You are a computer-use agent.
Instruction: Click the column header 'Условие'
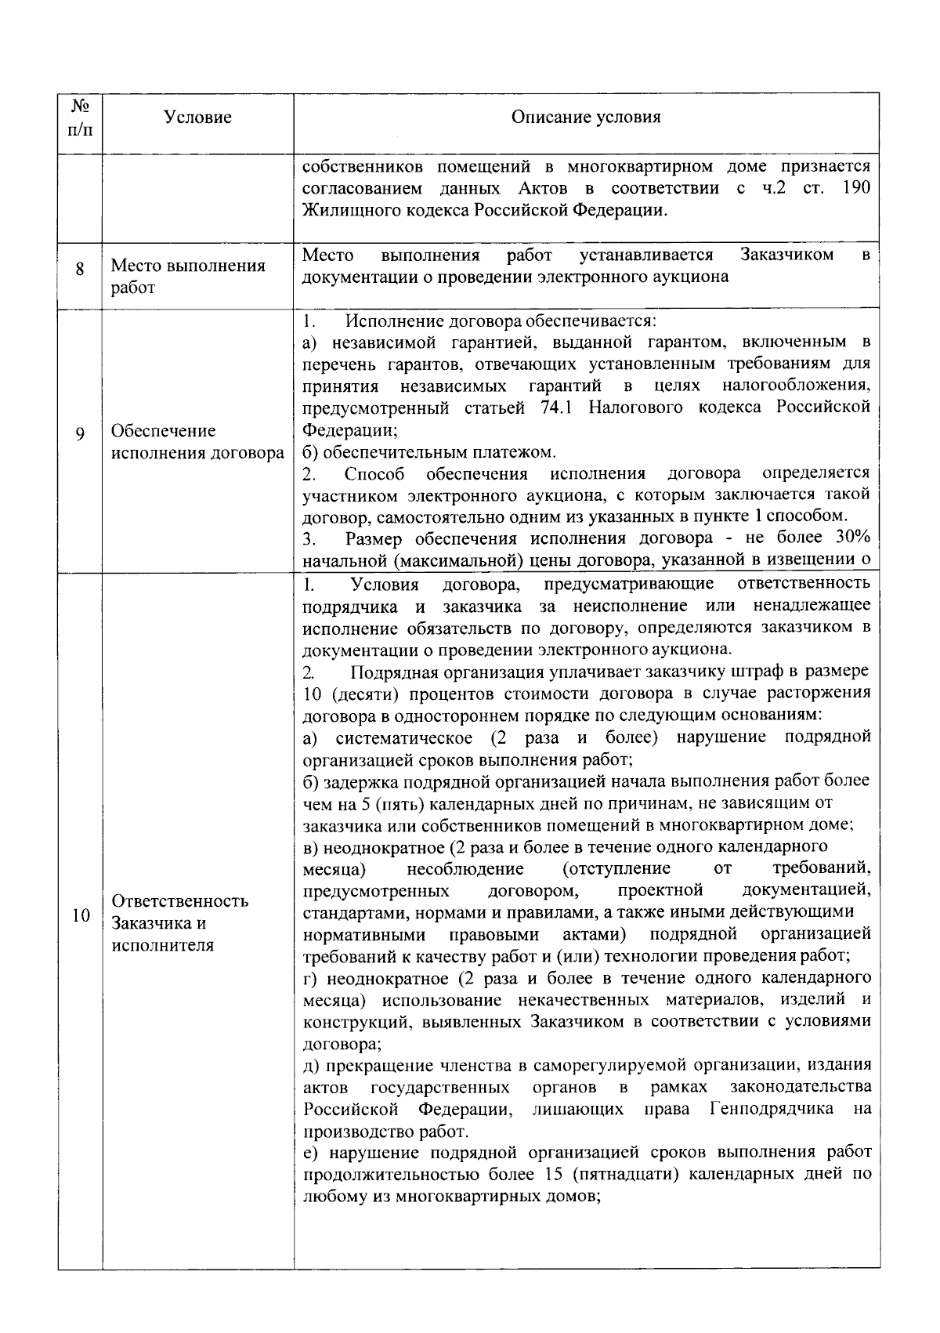pos(197,118)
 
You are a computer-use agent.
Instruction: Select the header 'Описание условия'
pos(585,118)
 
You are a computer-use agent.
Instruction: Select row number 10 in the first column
pos(80,915)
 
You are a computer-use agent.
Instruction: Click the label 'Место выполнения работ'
pos(188,276)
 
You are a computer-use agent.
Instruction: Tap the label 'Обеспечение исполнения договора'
pos(197,441)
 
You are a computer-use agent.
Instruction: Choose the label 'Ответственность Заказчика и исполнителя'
pos(180,922)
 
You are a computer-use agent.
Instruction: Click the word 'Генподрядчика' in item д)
pos(771,1110)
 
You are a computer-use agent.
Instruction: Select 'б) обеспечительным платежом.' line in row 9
pos(429,452)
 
